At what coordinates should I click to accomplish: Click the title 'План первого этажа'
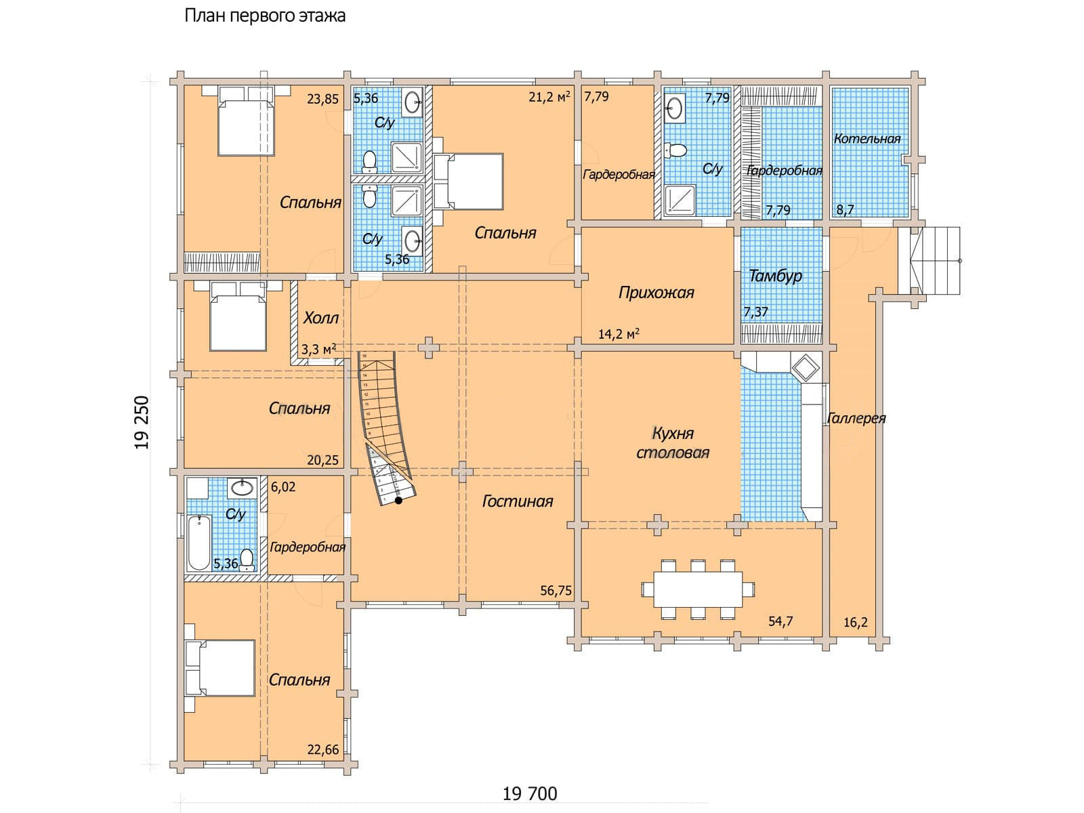point(265,16)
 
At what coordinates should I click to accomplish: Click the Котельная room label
point(867,139)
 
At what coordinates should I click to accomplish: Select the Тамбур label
point(775,276)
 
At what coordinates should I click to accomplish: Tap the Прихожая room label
point(656,293)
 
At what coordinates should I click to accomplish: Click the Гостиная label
point(518,501)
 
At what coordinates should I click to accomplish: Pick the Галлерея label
point(856,418)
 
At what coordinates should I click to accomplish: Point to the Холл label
point(321,318)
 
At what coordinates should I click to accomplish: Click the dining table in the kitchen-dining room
point(697,589)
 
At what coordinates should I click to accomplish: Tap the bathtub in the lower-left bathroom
point(199,543)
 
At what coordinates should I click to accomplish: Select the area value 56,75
point(556,591)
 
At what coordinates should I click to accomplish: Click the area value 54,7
point(780,621)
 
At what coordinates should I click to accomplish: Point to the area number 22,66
point(322,749)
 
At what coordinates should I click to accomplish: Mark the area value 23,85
point(322,99)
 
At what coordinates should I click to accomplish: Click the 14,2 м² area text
point(619,333)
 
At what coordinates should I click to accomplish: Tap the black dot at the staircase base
point(399,501)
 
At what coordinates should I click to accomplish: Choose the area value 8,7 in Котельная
point(845,210)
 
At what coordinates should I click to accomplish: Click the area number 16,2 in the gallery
point(856,622)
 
